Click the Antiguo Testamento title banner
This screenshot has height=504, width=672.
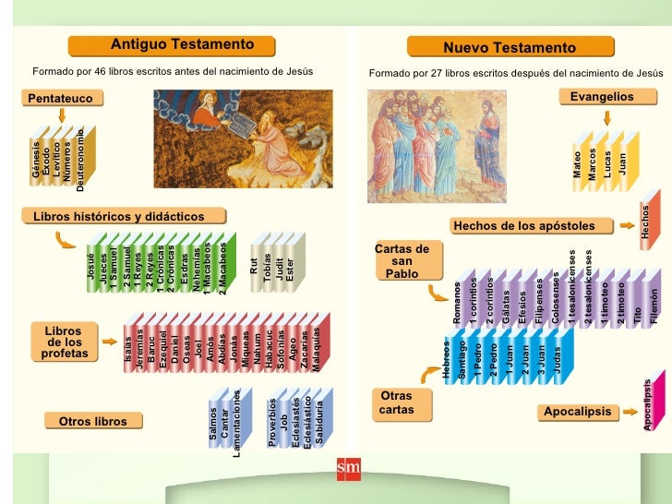(182, 45)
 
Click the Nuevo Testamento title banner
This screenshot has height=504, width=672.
(509, 47)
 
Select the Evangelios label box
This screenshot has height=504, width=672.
(602, 97)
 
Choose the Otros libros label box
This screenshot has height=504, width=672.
(92, 422)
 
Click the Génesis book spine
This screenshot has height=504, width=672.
(38, 162)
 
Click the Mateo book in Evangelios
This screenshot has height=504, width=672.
(578, 165)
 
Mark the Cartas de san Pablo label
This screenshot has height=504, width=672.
(402, 261)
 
